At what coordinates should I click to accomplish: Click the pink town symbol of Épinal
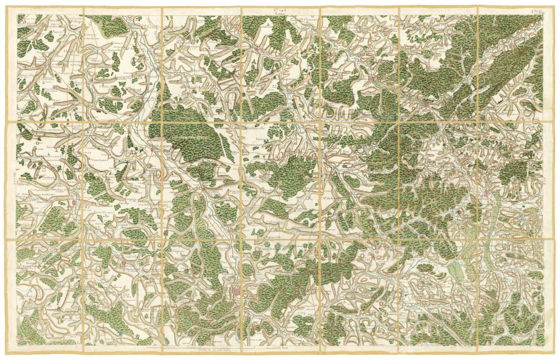click(x=238, y=292)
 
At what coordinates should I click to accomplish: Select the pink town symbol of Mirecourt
click(x=75, y=203)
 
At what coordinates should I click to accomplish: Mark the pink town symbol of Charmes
click(x=152, y=149)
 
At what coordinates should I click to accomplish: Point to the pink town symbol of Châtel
click(x=203, y=189)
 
